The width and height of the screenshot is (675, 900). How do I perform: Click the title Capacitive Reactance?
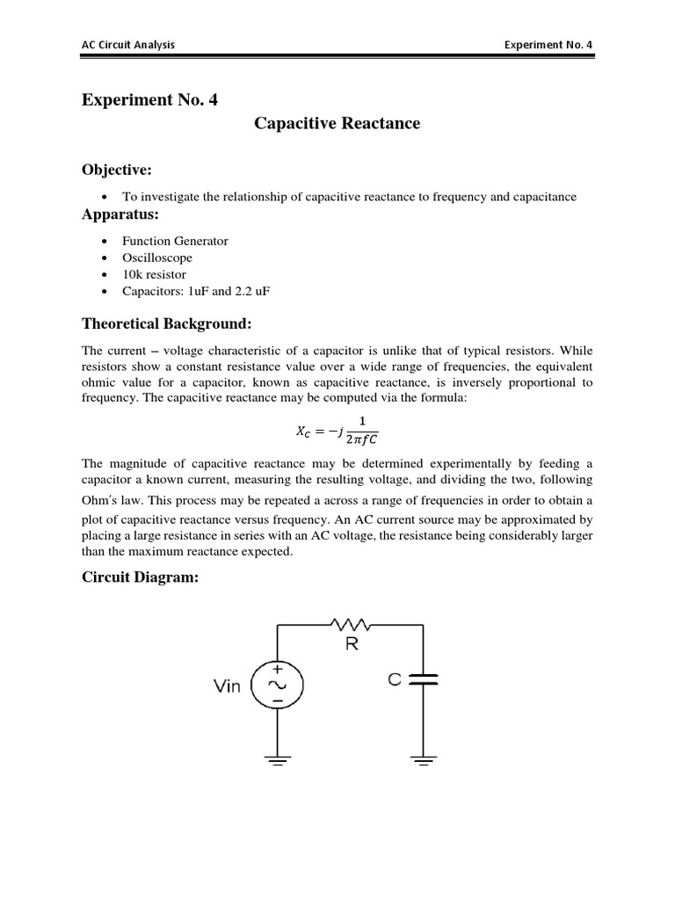pos(337,124)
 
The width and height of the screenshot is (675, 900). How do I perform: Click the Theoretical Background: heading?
pos(166,324)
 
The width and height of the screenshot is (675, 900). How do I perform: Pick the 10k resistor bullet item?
pos(154,274)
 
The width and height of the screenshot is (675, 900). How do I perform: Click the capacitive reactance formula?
pos(337,431)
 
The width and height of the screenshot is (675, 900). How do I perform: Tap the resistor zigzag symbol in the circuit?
pos(352,626)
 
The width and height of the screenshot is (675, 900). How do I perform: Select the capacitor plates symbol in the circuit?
pos(424,679)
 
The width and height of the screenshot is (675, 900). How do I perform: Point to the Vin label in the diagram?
pos(227,686)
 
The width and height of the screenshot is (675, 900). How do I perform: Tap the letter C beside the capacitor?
pos(395,679)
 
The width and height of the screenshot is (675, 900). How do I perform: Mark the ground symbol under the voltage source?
pos(278,760)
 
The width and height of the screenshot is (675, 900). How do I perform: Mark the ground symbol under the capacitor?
pos(424,760)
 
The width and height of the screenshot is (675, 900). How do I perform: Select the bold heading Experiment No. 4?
pos(149,100)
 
